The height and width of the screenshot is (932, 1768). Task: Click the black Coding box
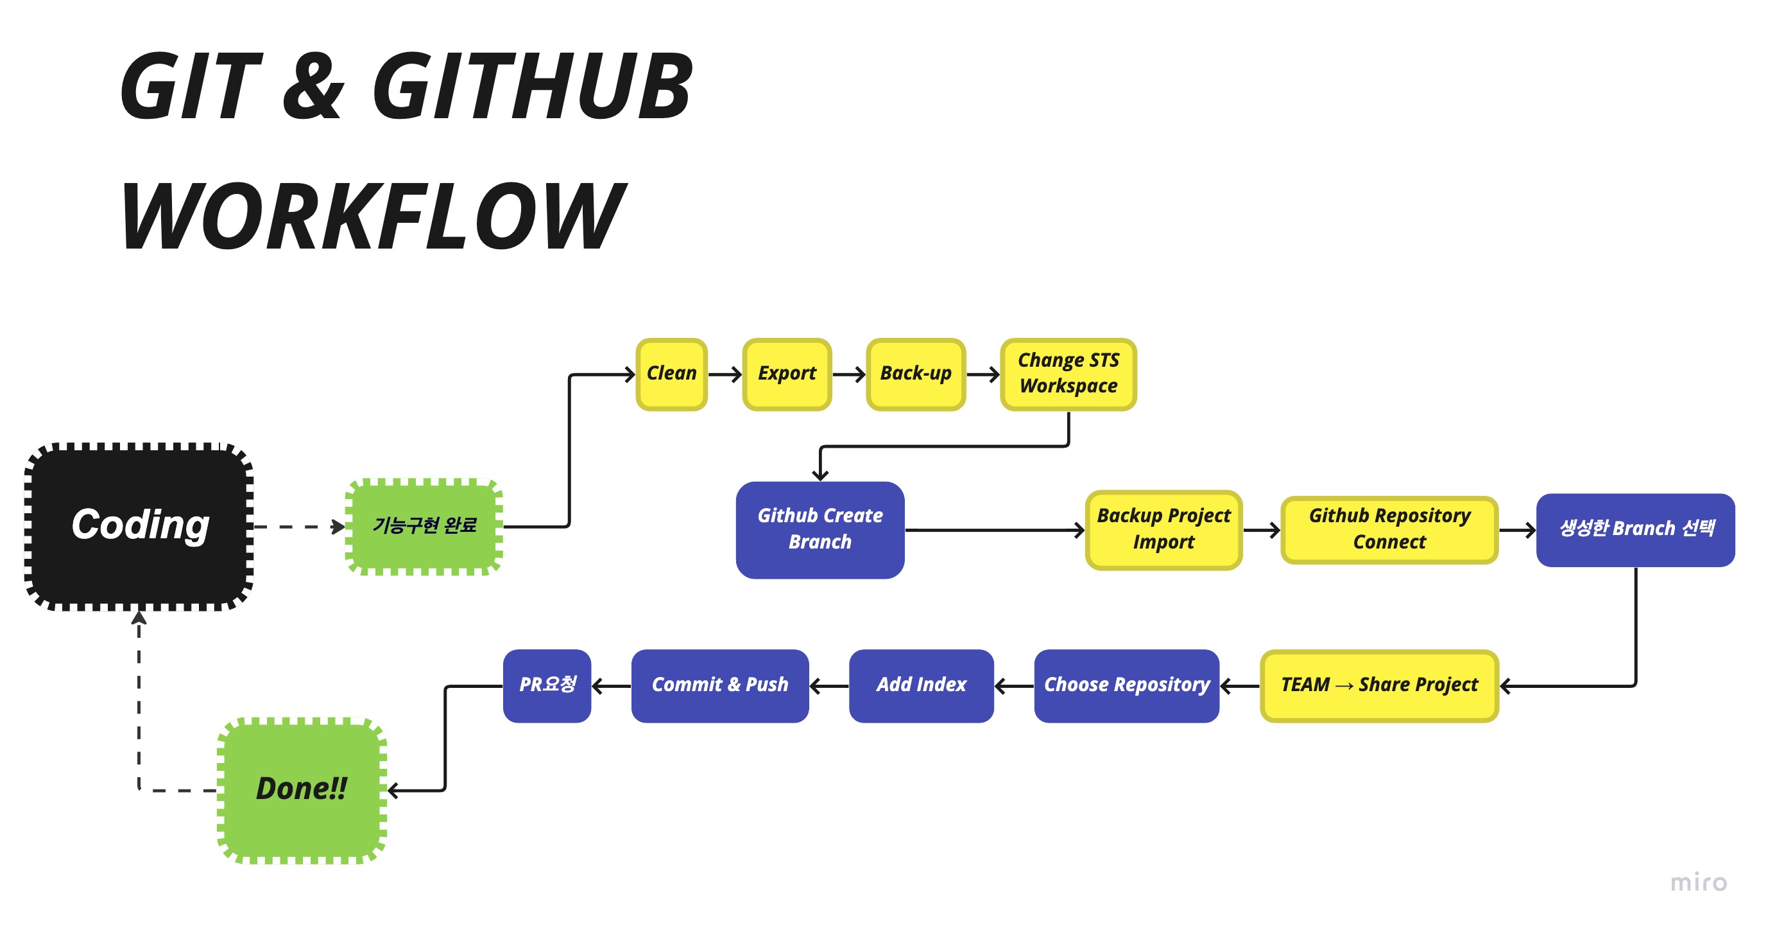[x=139, y=526]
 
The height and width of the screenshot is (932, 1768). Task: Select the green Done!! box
[x=302, y=790]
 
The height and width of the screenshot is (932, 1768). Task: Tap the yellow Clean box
[x=671, y=374]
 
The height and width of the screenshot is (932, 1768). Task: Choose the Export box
[x=787, y=374]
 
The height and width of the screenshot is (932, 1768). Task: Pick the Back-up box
[x=916, y=374]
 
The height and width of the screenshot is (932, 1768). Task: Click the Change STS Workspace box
[x=1069, y=374]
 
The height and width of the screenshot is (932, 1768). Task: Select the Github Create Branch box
[x=820, y=529]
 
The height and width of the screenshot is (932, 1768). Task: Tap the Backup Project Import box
[x=1164, y=529]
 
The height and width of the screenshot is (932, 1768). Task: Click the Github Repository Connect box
[x=1390, y=529]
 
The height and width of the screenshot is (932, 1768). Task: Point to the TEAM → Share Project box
[x=1380, y=685]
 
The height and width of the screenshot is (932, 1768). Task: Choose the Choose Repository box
[x=1127, y=685]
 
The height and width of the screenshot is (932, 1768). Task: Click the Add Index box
[x=921, y=685]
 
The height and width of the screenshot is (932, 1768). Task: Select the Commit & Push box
[x=720, y=685]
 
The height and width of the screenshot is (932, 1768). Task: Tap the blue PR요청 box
[x=547, y=685]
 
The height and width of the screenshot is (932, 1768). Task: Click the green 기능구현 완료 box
[x=424, y=526]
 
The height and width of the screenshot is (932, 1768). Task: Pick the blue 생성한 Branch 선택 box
[x=1636, y=529]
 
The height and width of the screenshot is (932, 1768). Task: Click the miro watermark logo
[x=1699, y=882]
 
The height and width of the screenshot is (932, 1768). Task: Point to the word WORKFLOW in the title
[x=373, y=215]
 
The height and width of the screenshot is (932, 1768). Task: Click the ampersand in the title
[x=314, y=87]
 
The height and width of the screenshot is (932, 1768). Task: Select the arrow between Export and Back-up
[x=849, y=374]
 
